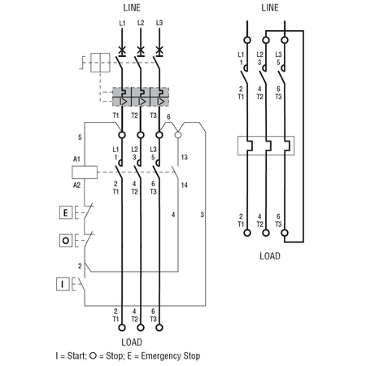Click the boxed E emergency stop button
click(66, 212)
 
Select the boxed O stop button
click(66, 240)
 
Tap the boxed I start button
click(63, 285)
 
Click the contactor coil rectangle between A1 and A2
click(85, 172)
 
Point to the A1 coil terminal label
click(76, 159)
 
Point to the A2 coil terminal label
click(76, 185)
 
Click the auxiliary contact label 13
click(185, 157)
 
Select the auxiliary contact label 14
click(185, 185)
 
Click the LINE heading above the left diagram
click(132, 7)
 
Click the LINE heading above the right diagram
click(270, 7)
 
